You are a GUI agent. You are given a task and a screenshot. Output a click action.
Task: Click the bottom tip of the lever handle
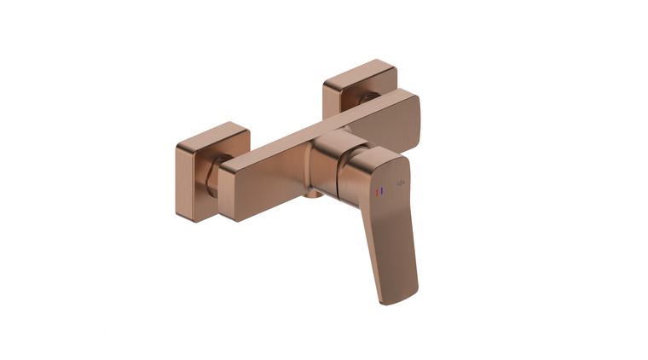pos(397,295)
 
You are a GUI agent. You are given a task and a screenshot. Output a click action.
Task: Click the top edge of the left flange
pos(213,132)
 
